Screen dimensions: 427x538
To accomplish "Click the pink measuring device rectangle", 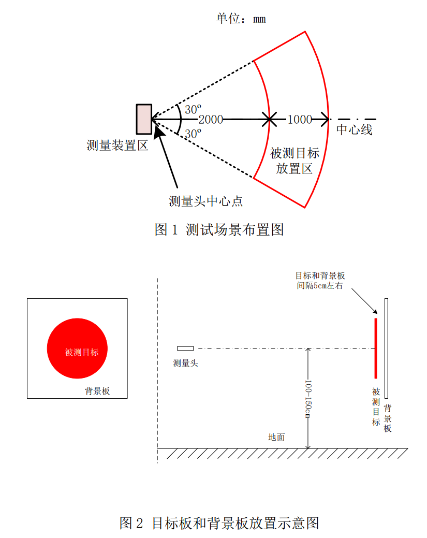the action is coord(144,119).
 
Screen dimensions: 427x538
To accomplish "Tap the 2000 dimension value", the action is coord(211,120).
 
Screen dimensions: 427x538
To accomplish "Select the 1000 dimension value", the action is coord(299,120).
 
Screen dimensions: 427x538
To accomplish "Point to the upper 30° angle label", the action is coord(193,109).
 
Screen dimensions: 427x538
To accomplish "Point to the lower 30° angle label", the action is coord(193,134).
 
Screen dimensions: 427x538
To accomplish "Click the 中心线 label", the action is coord(355,129).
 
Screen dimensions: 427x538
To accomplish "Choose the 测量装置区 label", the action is coord(117,146).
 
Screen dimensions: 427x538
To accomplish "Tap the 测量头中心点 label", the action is coord(206,201).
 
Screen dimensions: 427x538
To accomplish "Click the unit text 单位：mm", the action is coord(241,19).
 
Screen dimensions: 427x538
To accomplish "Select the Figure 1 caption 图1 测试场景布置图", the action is coord(219,229).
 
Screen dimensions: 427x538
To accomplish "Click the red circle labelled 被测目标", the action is coord(77,348).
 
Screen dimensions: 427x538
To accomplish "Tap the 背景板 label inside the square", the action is coord(97,391).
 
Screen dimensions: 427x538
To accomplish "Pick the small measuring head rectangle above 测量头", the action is coord(185,348).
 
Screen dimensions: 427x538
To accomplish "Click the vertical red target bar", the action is coord(376,348).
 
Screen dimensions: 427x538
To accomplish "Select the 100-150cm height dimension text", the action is coord(308,399).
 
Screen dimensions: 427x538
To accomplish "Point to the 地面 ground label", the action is coord(276,437).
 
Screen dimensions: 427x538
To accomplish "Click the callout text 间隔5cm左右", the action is coord(320,285).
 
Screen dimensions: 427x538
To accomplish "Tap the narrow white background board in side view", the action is coord(386,348).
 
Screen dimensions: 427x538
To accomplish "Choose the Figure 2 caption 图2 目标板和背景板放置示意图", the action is coord(219,523).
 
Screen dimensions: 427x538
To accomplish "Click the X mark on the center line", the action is coord(269,120).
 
